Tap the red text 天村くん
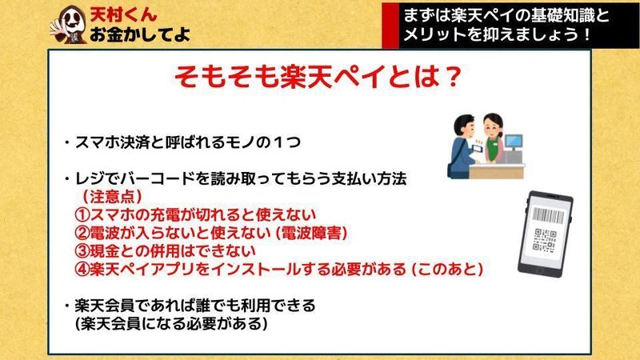point(123,14)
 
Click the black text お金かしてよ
point(139,34)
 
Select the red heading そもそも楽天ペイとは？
point(318,77)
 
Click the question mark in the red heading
point(451,77)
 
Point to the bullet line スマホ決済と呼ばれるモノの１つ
point(182,142)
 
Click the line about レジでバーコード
point(235,178)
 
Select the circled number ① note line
point(195,214)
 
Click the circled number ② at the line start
point(82,233)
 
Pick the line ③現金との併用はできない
point(166,251)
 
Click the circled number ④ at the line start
point(82,270)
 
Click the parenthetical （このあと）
point(447,270)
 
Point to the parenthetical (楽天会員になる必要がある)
point(171,324)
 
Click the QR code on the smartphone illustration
point(545,240)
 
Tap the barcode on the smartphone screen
point(549,215)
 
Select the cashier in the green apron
point(494,138)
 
